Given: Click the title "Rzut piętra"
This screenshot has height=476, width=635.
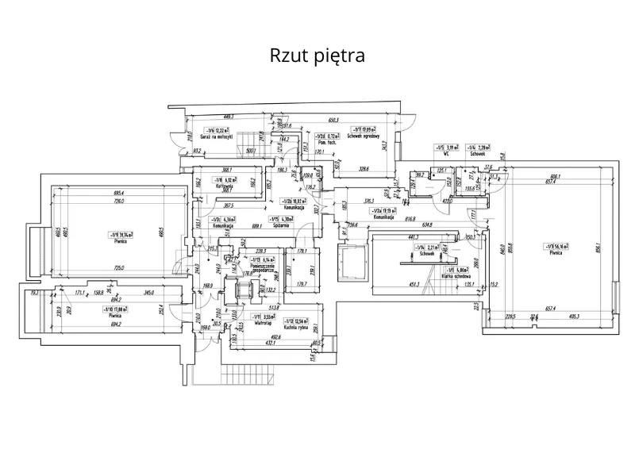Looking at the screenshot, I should click(x=317, y=56).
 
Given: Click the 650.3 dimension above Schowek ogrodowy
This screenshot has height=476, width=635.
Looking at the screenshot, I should click(x=333, y=120).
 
